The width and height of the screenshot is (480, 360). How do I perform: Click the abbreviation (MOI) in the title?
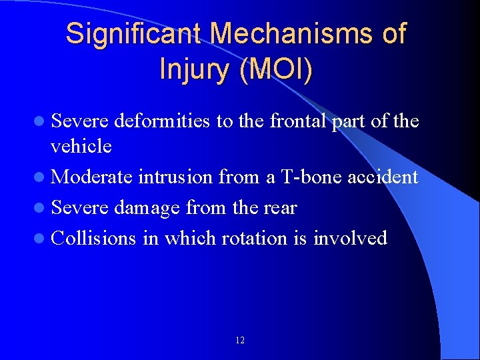(x=276, y=69)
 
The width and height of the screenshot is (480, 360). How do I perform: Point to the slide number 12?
(x=240, y=341)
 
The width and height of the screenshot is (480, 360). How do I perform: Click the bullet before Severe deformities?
(x=42, y=122)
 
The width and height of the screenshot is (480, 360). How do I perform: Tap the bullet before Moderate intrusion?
(x=42, y=177)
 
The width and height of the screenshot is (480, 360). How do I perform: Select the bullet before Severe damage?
(x=42, y=208)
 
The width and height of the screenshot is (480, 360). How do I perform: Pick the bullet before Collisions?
(x=42, y=238)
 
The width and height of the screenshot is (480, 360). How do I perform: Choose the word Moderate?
(x=93, y=177)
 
